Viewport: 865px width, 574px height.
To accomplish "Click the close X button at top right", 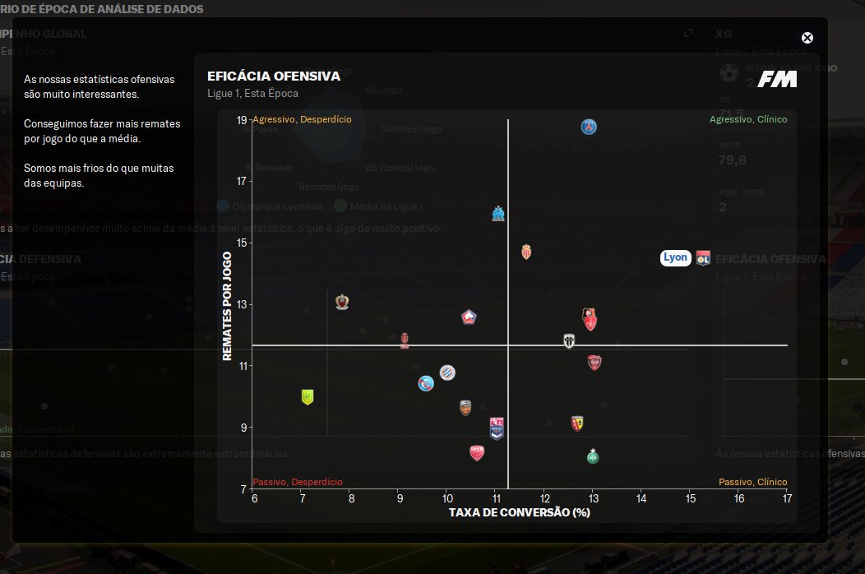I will (x=807, y=38).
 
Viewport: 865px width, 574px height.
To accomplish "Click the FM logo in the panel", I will (x=777, y=80).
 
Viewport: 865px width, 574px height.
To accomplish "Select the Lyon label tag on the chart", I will (x=675, y=257).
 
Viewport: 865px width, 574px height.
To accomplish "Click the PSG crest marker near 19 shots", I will (x=589, y=127).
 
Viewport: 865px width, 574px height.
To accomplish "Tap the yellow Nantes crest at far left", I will (x=308, y=397).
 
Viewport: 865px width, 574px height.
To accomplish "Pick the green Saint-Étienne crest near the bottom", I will (x=593, y=456).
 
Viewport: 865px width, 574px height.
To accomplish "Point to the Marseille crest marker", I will (x=497, y=214).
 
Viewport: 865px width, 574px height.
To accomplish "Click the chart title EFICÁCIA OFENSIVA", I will (x=274, y=76).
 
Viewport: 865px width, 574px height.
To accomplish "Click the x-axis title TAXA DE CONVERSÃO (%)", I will (x=520, y=512).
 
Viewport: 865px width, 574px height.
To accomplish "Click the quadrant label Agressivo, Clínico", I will (x=748, y=119).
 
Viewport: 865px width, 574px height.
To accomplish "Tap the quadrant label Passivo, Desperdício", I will (x=298, y=482).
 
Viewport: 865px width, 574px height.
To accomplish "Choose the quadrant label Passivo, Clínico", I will (x=752, y=482).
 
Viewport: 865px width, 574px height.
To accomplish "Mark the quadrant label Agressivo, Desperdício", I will (x=302, y=119).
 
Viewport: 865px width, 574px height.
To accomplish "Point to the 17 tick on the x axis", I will (x=787, y=499).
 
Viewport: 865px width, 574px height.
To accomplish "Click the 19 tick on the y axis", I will (x=242, y=120).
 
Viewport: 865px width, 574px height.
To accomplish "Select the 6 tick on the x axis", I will (x=254, y=499).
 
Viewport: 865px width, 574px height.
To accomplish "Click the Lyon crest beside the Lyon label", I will (x=703, y=257).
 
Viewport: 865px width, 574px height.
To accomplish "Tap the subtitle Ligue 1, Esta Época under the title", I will (x=252, y=94).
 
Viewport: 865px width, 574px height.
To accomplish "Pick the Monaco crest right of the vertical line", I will (x=527, y=252).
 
